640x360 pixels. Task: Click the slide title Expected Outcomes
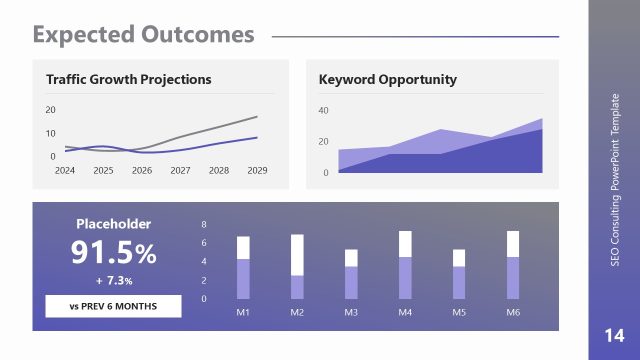point(143,35)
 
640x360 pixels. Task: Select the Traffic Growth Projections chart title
point(128,79)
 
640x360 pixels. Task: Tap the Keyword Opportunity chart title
point(387,79)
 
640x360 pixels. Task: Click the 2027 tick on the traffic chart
point(180,171)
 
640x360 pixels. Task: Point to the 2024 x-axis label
point(65,171)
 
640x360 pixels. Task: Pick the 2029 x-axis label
point(257,171)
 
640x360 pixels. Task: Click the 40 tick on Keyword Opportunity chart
point(323,110)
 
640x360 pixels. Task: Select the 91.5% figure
point(113,254)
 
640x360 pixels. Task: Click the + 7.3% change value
point(113,281)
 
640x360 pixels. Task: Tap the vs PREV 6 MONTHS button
point(113,306)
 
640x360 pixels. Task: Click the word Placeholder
point(113,224)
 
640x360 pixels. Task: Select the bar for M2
point(297,267)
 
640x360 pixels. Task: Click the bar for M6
point(513,265)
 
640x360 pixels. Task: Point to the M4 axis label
point(405,313)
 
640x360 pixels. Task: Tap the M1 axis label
point(243,313)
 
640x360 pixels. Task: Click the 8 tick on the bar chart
point(205,224)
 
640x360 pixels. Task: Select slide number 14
point(614,334)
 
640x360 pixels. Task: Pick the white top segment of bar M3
point(351,258)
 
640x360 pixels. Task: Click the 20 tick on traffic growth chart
point(51,110)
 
